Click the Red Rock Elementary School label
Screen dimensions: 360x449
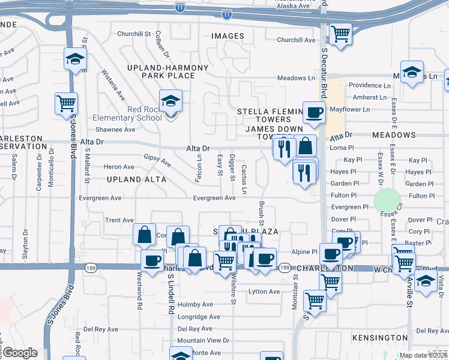128,113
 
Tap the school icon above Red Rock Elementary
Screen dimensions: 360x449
170,101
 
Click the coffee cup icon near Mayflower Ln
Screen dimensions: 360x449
314,112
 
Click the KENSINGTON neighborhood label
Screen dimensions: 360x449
380,338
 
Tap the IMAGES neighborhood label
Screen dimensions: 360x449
228,36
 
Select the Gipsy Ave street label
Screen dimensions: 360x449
157,160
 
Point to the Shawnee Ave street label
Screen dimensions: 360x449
115,129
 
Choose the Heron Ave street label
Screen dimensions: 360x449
119,167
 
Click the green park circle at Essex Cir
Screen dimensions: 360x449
387,200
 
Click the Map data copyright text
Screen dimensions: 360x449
424,355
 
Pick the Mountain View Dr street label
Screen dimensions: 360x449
203,340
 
